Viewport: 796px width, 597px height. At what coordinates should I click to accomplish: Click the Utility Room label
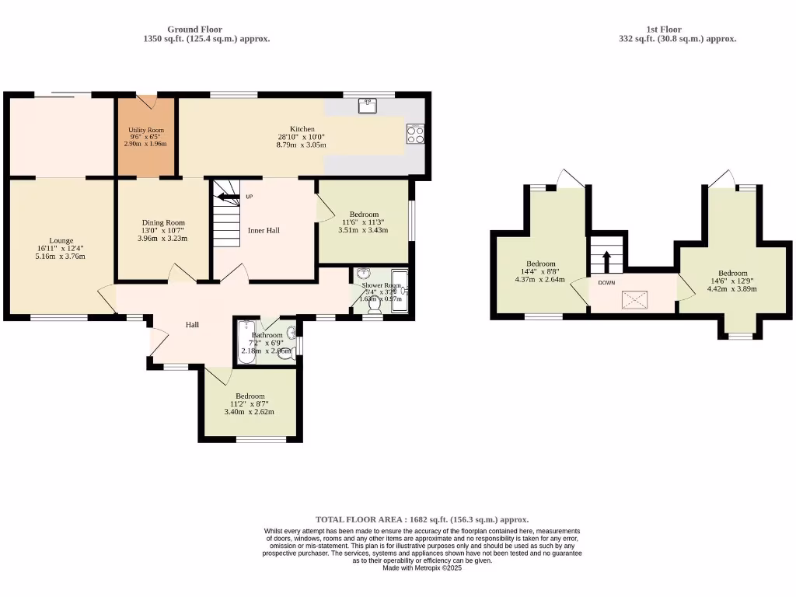145,130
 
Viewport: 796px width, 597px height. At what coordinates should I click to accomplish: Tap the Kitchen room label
302,129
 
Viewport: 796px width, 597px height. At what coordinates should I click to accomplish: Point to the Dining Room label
162,223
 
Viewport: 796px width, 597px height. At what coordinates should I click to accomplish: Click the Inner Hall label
264,230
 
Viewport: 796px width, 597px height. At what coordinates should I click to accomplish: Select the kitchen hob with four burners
415,134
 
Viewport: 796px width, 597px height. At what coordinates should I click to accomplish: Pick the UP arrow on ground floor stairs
226,197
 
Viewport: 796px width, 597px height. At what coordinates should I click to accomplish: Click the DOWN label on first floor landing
607,282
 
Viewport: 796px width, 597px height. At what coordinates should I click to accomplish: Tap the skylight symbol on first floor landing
634,298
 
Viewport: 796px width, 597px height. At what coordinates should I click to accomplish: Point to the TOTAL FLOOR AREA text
421,519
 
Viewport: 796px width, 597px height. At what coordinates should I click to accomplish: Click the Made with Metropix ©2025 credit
422,568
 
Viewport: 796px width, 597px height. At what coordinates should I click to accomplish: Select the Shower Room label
378,284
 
